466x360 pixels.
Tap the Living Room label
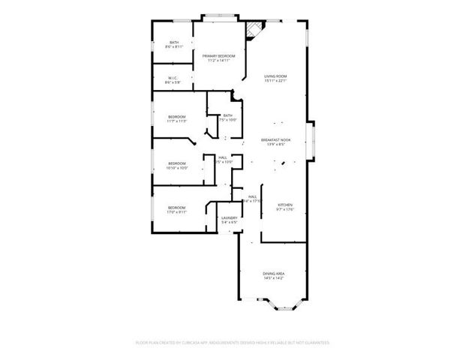point(275,76)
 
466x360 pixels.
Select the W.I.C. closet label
point(173,77)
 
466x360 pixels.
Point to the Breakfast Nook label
point(275,140)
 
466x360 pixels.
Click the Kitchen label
point(285,205)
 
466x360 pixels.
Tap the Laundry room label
point(229,217)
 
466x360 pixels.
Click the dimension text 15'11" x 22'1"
point(275,81)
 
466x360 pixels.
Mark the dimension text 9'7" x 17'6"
point(285,209)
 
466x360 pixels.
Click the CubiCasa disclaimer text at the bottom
point(233,342)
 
